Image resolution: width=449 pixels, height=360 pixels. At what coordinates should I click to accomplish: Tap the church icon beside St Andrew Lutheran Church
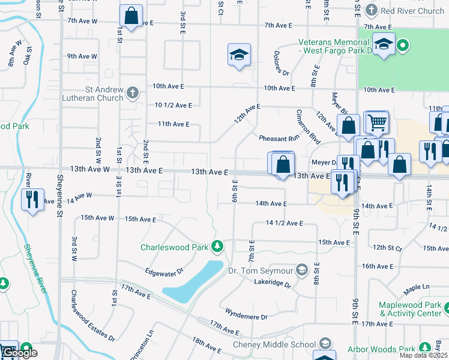click(x=133, y=93)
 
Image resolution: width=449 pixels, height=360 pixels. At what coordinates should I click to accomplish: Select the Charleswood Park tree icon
click(x=217, y=247)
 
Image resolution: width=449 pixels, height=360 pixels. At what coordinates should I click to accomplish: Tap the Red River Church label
click(x=413, y=11)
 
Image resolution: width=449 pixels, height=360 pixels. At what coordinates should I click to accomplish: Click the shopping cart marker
click(x=377, y=122)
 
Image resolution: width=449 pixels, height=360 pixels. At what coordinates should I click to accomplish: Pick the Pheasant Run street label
click(x=279, y=139)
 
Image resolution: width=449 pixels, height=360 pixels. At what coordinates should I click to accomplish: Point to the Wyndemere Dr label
click(x=246, y=314)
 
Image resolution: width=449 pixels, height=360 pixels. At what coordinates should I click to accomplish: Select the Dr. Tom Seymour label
click(x=262, y=270)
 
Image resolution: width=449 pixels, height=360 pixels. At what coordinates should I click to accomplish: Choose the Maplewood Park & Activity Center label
click(x=410, y=309)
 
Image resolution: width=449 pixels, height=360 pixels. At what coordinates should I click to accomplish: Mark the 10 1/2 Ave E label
click(x=173, y=106)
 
